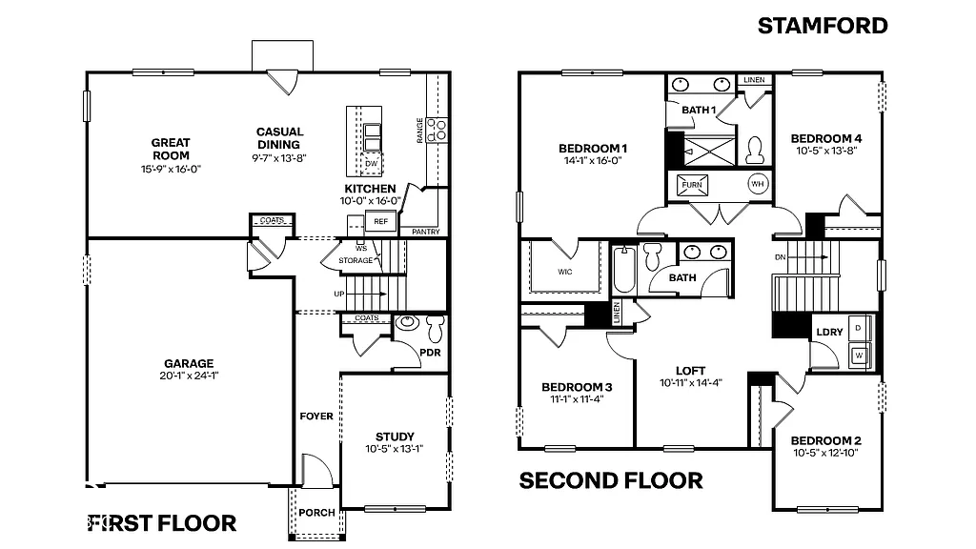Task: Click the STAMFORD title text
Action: tap(823, 26)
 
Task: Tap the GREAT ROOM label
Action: tap(171, 149)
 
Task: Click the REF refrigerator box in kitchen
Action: tap(380, 221)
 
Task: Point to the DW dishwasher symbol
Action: tap(372, 163)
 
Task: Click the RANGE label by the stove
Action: tap(420, 131)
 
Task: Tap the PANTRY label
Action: tap(425, 232)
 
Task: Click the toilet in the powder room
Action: tap(436, 329)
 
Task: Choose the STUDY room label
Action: tap(395, 437)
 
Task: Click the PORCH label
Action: tap(316, 512)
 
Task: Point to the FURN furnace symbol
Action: tap(692, 184)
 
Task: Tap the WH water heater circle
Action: tap(758, 183)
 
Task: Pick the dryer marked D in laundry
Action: tap(858, 327)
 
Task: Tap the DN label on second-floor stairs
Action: tap(779, 257)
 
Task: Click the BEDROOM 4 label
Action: tap(826, 138)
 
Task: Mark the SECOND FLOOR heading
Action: tap(611, 480)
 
